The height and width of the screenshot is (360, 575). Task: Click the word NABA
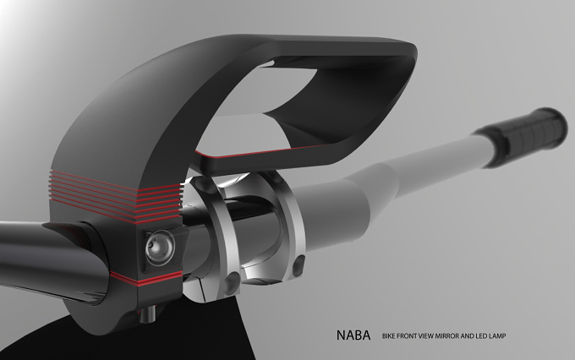coord(353,335)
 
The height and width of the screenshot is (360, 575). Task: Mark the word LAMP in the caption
coord(497,335)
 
